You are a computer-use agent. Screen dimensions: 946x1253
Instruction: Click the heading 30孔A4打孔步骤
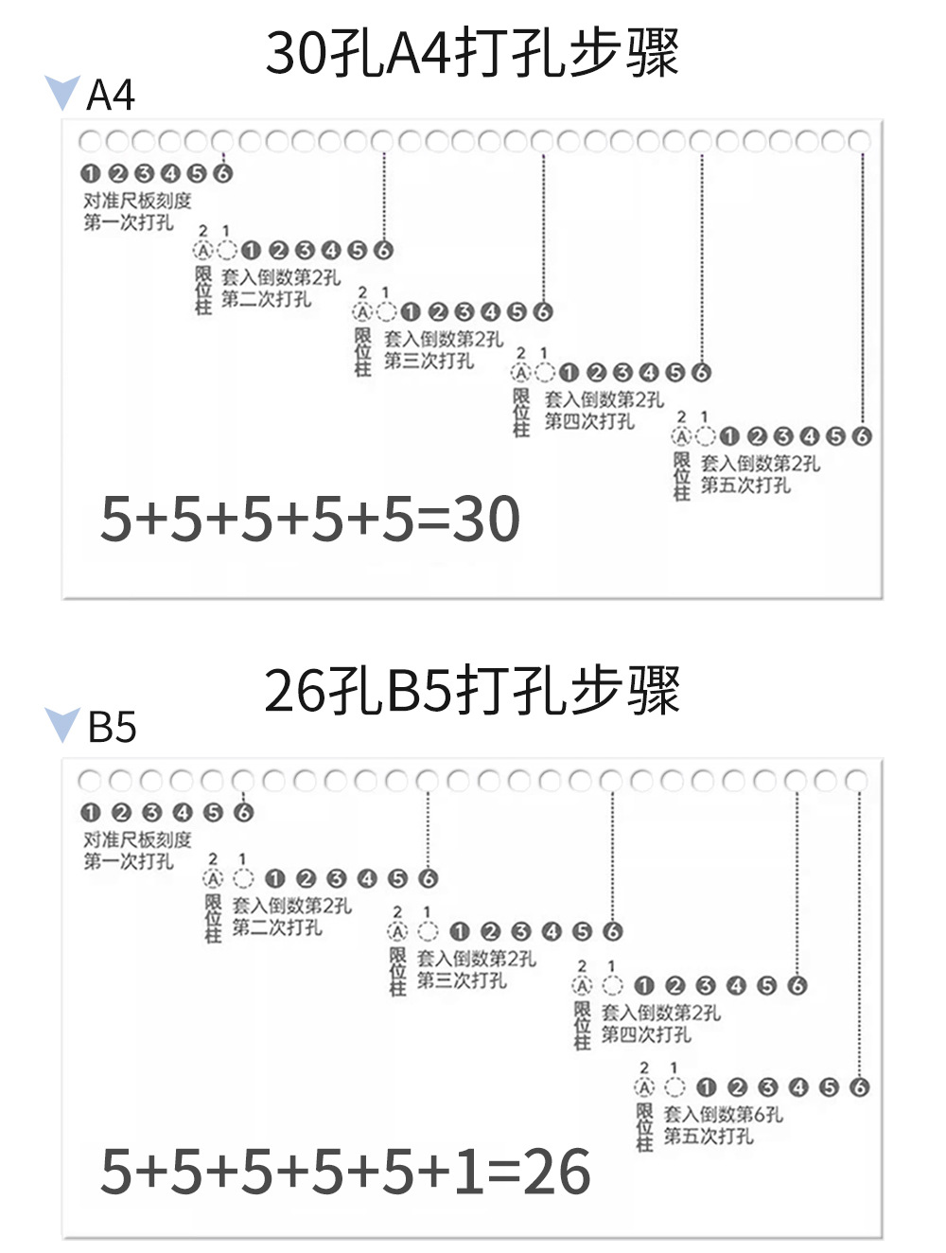tap(472, 54)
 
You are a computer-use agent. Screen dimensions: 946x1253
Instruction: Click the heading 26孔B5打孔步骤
tap(472, 691)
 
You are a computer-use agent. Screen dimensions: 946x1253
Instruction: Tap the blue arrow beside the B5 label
tap(62, 725)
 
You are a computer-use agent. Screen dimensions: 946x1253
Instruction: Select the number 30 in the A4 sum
tap(486, 519)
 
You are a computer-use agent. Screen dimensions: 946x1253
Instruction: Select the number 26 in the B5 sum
tap(556, 1172)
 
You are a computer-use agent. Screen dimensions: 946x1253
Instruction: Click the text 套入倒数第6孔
tap(723, 1114)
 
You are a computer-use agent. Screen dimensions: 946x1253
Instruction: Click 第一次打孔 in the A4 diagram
tap(129, 222)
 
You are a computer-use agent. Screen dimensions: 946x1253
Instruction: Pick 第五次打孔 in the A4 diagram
tap(745, 485)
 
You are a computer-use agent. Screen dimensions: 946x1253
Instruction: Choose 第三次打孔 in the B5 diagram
tap(462, 980)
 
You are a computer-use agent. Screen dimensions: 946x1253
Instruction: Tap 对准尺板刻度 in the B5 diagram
tap(137, 839)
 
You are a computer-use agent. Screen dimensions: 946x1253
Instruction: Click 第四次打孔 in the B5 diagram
tap(646, 1034)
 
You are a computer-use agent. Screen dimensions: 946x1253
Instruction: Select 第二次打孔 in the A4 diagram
tap(266, 299)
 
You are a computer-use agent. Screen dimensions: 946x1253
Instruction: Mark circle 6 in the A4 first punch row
tap(222, 173)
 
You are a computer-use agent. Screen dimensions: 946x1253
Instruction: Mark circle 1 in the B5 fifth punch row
tap(707, 1087)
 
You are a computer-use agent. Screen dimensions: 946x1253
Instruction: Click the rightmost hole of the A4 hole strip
tap(859, 142)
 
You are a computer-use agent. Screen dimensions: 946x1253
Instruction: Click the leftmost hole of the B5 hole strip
tap(90, 781)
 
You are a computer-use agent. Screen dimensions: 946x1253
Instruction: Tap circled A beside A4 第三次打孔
tap(362, 311)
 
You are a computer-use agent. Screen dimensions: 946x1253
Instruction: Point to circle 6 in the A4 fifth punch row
tap(861, 436)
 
